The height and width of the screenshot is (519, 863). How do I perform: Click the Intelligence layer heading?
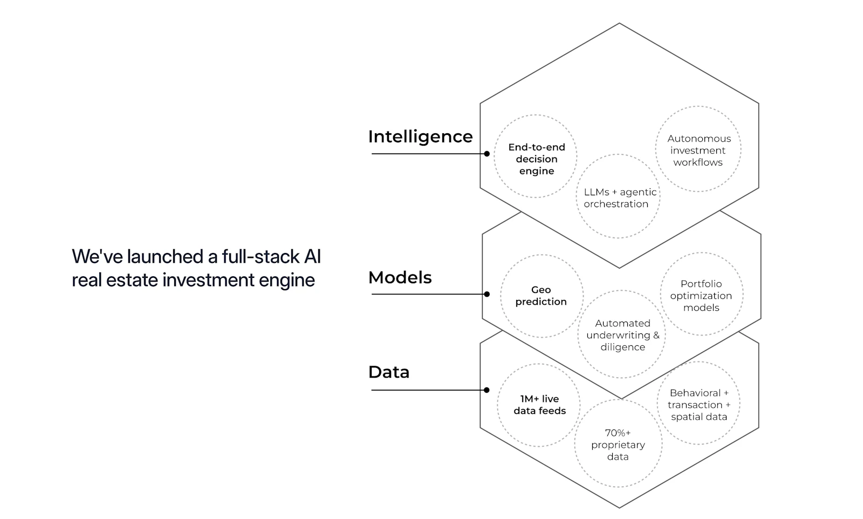[420, 137]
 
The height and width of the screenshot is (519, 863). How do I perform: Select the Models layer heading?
[400, 277]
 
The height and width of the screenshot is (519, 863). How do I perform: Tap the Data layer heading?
[389, 372]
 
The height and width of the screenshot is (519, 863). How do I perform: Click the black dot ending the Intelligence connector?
[487, 154]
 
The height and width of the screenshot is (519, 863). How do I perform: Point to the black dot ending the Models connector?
[487, 294]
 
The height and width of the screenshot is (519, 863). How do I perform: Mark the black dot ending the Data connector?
[487, 390]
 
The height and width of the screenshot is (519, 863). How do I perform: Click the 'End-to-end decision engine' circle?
[494, 156]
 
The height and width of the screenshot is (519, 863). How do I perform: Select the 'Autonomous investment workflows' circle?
[656, 149]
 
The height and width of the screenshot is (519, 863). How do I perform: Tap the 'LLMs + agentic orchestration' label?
[620, 197]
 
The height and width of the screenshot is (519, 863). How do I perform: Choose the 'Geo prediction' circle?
[501, 296]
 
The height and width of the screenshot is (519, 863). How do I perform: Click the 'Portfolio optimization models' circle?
[661, 293]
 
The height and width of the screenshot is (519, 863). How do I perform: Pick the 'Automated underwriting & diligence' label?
[622, 335]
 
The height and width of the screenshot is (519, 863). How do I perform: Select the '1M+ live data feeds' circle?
[497, 405]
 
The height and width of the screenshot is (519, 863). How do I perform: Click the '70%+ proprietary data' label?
[618, 445]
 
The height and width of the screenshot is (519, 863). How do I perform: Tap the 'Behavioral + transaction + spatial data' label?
[699, 405]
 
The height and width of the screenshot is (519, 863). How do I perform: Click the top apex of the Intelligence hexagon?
[620, 23]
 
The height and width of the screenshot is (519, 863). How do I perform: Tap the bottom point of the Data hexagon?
[620, 508]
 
